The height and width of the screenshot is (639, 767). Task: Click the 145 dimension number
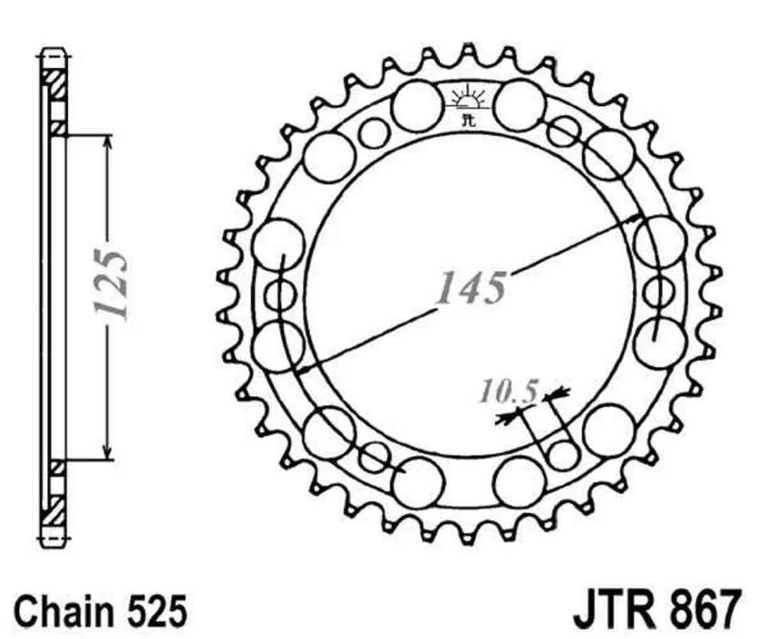tap(471, 287)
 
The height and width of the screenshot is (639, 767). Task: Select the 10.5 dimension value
tap(510, 391)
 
